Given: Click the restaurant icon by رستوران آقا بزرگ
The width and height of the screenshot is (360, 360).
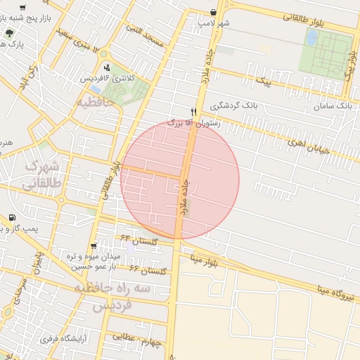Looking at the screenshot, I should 193,111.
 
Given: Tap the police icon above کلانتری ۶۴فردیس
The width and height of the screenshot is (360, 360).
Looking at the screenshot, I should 106,68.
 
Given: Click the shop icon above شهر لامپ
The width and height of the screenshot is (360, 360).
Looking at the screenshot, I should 214,11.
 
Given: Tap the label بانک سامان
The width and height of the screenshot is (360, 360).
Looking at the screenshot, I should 335,105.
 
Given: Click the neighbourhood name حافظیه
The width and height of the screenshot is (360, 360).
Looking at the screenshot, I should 98,103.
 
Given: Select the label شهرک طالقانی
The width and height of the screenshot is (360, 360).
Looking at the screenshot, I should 41,174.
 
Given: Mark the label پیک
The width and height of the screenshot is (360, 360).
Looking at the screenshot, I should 264,82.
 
